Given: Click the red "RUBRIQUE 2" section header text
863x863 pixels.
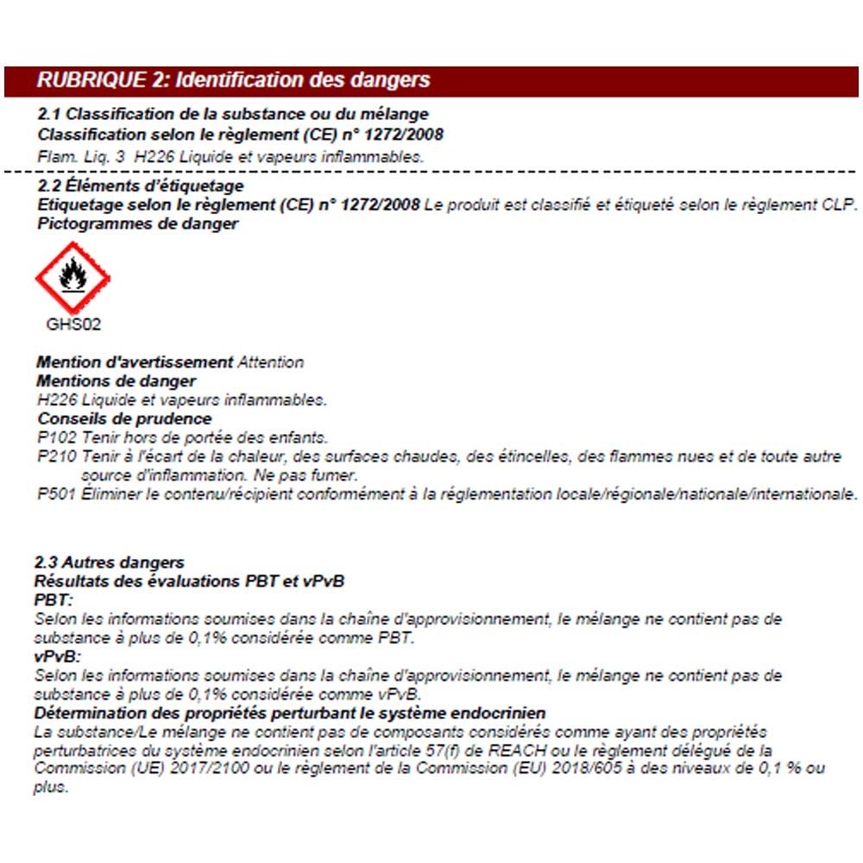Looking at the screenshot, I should pyautogui.click(x=233, y=81).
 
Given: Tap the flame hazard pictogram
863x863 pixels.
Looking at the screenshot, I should pyautogui.click(x=72, y=278).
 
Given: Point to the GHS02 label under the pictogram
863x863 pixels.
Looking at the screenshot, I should pyautogui.click(x=72, y=325).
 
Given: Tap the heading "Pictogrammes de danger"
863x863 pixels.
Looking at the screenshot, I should pyautogui.click(x=138, y=224).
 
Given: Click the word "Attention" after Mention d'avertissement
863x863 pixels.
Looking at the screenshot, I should pyautogui.click(x=270, y=362).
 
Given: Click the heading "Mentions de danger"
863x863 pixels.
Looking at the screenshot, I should pyautogui.click(x=117, y=381).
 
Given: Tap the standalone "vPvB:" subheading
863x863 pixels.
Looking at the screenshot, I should pyautogui.click(x=56, y=657).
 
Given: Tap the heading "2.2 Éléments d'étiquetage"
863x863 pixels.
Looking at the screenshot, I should pyautogui.click(x=141, y=186).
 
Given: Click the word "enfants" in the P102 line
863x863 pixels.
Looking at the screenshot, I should pyautogui.click(x=300, y=438).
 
